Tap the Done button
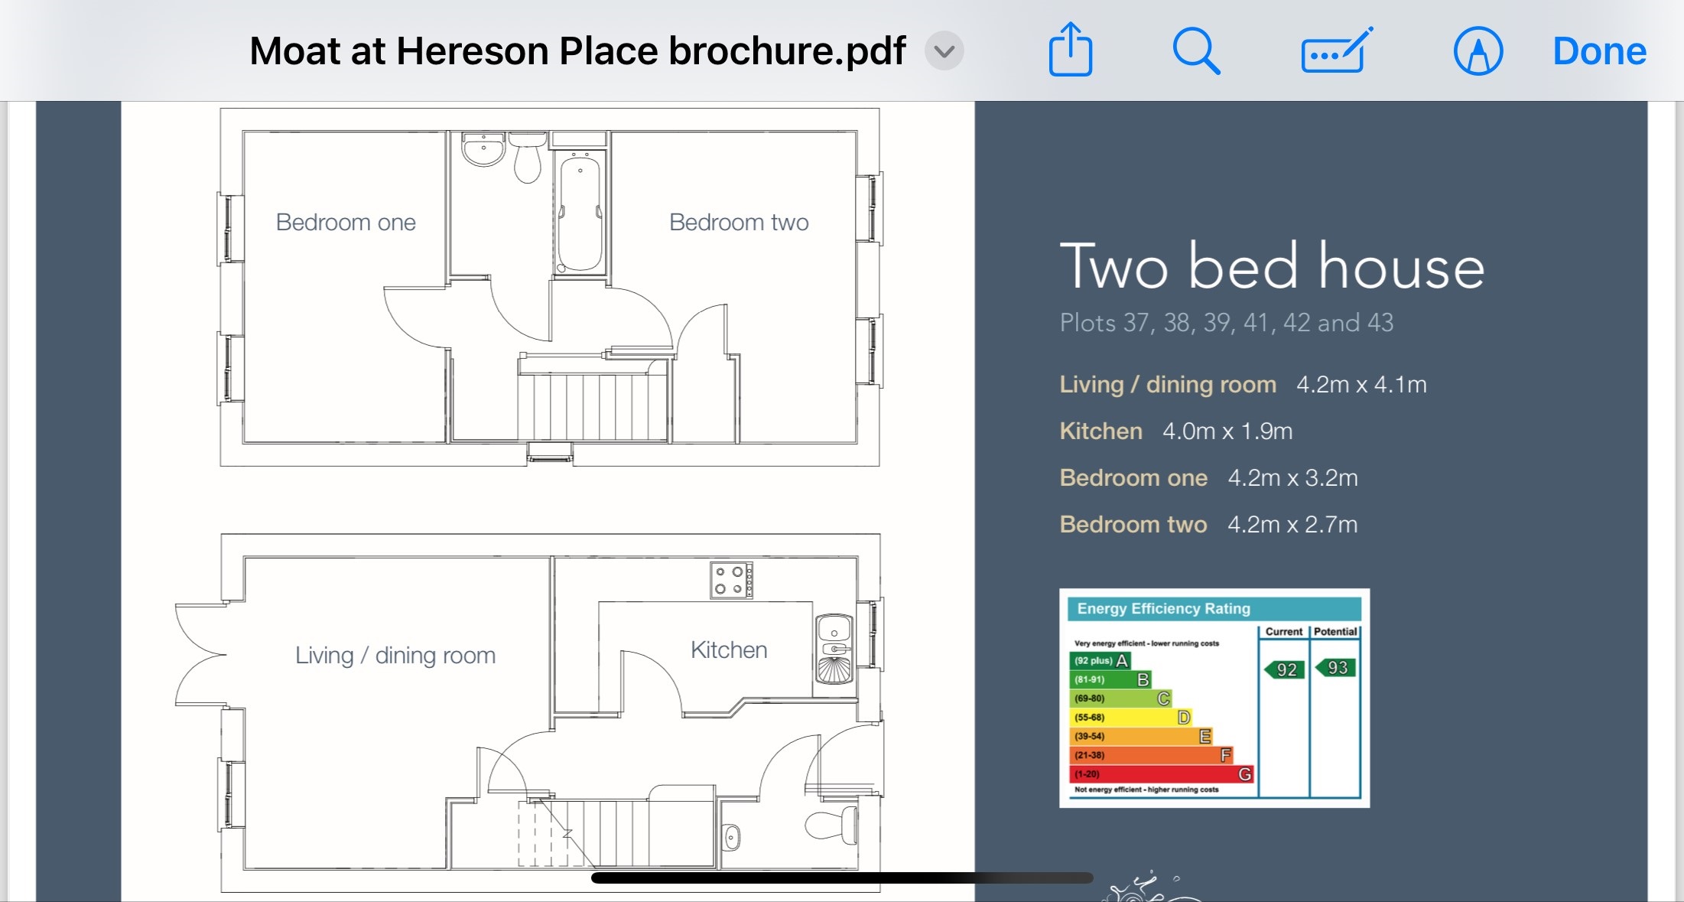pyautogui.click(x=1599, y=51)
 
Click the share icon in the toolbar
pyautogui.click(x=1070, y=50)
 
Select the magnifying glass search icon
pyautogui.click(x=1196, y=51)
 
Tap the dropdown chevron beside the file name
pyautogui.click(x=944, y=51)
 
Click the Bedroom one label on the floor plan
pyautogui.click(x=346, y=222)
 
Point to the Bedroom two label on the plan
pyautogui.click(x=739, y=222)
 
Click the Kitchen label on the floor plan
pyautogui.click(x=729, y=650)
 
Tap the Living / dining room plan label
pyautogui.click(x=395, y=656)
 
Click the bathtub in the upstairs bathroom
pyautogui.click(x=580, y=211)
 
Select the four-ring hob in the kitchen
pyautogui.click(x=731, y=580)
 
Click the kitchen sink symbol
pyautogui.click(x=834, y=648)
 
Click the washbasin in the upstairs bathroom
pyautogui.click(x=483, y=149)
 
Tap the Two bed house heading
pyautogui.click(x=1272, y=266)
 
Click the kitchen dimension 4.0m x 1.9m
pyautogui.click(x=1227, y=431)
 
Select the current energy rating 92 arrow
pyautogui.click(x=1285, y=669)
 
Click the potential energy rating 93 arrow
pyautogui.click(x=1335, y=668)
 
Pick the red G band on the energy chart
pyautogui.click(x=1161, y=774)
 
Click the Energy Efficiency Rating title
pyautogui.click(x=1163, y=609)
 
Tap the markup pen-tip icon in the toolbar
pyautogui.click(x=1478, y=51)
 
